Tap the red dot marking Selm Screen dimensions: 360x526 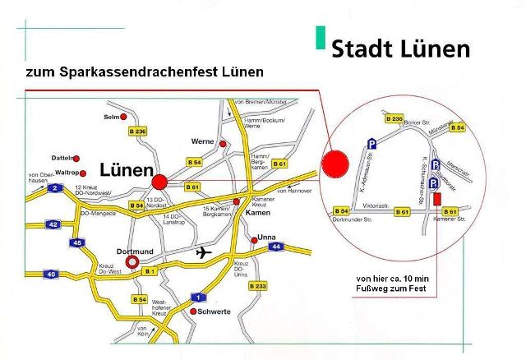pyautogui.click(x=124, y=116)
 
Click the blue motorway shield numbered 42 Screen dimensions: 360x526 pyautogui.click(x=53, y=224)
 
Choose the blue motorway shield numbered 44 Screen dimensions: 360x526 pyautogui.click(x=276, y=246)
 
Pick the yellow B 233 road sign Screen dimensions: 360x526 pyautogui.click(x=258, y=286)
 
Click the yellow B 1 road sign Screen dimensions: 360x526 pyautogui.click(x=149, y=270)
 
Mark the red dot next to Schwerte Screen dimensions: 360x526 pyautogui.click(x=193, y=312)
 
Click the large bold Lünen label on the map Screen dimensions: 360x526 pyautogui.click(x=126, y=170)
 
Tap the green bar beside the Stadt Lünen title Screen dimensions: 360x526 pyautogui.click(x=320, y=38)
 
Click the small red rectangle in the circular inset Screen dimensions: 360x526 pyautogui.click(x=436, y=198)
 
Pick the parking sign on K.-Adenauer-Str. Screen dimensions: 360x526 pyautogui.click(x=371, y=142)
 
